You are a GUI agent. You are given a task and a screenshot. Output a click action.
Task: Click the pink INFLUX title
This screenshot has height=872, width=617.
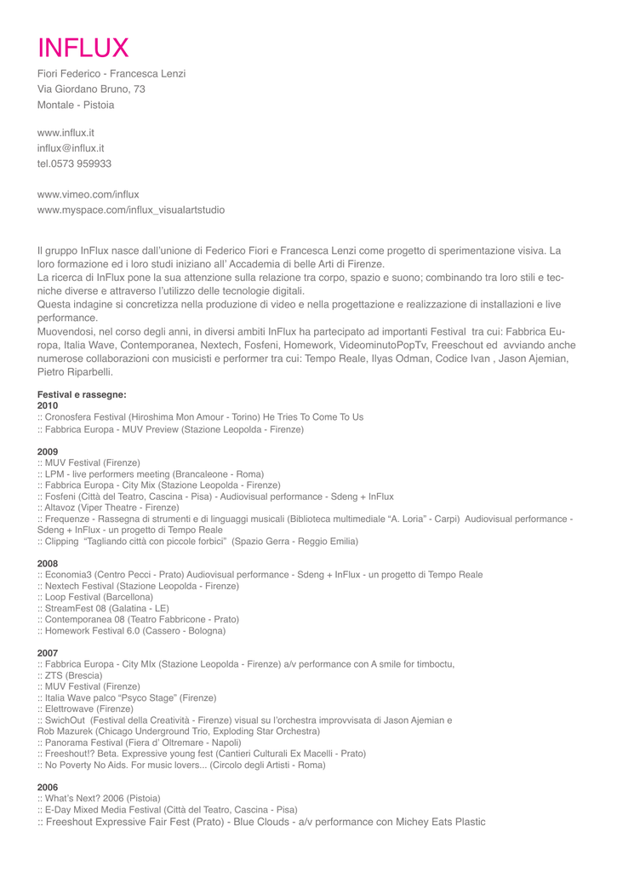pos(83,47)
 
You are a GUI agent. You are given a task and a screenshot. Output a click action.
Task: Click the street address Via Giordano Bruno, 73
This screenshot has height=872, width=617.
pos(91,89)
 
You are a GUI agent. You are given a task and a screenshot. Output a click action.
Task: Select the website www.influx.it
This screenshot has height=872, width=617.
pos(66,132)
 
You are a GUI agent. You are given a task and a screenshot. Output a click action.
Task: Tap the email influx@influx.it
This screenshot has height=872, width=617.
pos(71,147)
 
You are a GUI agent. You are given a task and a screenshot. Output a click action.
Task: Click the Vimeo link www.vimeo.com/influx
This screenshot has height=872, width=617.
pos(88,194)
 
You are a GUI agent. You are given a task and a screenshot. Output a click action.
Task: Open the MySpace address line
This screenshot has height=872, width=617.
pos(131,209)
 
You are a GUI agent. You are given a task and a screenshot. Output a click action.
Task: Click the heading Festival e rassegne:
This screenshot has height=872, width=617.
pos(82,394)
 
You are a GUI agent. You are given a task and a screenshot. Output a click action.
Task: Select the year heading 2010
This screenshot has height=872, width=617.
pos(48,405)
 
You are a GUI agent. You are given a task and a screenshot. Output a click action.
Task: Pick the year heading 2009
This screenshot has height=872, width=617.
pos(48,451)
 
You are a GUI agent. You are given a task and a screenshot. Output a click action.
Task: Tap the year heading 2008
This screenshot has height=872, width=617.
pos(48,564)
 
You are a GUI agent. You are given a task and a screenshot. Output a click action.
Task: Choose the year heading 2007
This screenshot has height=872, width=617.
pos(48,653)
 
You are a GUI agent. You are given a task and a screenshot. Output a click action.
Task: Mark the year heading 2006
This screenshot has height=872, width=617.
pos(48,787)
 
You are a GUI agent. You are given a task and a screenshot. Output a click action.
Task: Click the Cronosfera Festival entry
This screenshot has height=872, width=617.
pos(200,417)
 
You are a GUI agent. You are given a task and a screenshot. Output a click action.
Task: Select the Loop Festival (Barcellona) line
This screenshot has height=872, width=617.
pos(95,597)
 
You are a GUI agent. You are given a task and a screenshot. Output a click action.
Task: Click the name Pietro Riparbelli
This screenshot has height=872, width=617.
pos(75,372)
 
